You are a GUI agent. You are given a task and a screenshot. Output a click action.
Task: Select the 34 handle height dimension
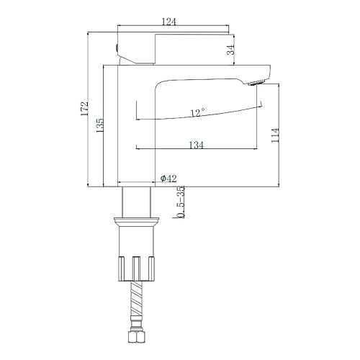tap(230, 50)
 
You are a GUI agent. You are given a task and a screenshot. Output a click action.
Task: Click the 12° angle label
tap(197, 112)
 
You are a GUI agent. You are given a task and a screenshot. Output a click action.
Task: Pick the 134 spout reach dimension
tap(197, 145)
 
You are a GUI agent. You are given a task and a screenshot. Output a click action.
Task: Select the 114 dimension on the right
tap(276, 135)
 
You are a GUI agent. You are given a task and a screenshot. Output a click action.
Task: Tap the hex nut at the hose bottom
tap(136, 339)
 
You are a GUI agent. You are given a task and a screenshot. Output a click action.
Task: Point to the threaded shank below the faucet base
tap(136, 201)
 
